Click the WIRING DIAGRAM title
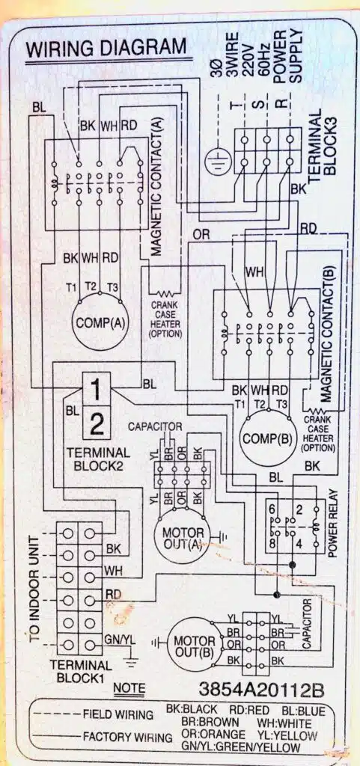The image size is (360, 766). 106,49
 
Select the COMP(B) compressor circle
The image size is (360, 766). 267,438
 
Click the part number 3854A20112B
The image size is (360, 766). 262,689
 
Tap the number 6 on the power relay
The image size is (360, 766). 272,509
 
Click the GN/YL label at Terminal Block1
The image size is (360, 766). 117,640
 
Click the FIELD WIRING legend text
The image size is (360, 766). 118,714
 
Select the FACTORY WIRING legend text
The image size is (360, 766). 127,736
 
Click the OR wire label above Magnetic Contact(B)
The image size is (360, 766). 201,235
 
